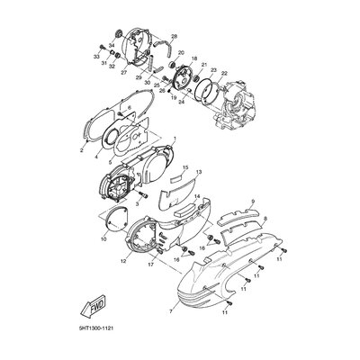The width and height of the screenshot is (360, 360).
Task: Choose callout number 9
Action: coord(253,202)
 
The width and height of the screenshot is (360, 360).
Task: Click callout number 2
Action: coord(81,152)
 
